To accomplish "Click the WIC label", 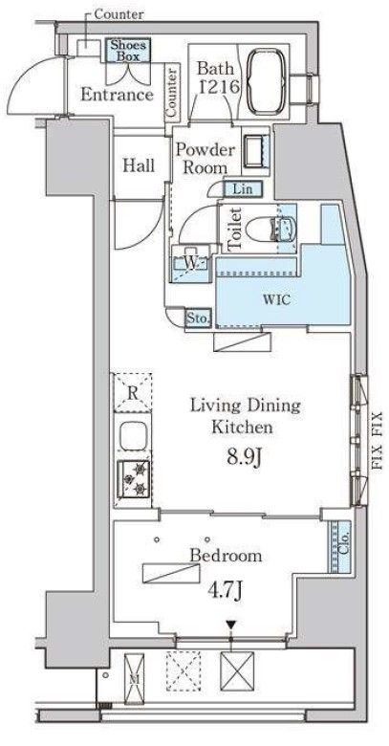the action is tap(282, 300).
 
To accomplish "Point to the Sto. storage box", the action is tap(197, 318).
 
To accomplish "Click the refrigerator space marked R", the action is tap(133, 392).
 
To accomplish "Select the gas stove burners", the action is tap(134, 479).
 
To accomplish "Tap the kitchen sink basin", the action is tap(133, 436).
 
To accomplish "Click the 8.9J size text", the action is tap(245, 458).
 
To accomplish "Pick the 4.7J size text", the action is tap(226, 590).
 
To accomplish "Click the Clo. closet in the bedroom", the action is tap(340, 546).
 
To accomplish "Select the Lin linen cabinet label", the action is tap(242, 188).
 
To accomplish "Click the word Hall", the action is tap(139, 165).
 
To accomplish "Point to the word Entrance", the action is tap(117, 94).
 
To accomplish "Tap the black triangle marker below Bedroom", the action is tap(231, 625).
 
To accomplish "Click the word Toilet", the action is tap(235, 230).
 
